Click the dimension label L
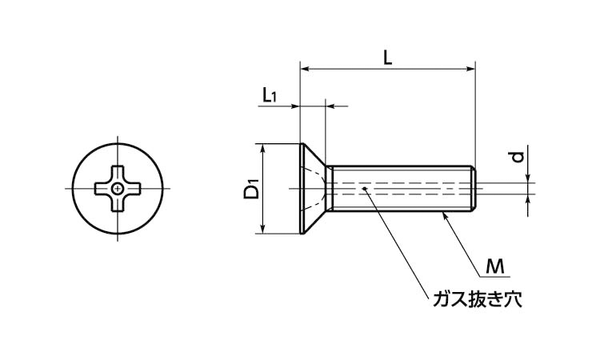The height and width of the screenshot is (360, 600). (x=387, y=57)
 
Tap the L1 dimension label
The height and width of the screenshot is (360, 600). (x=270, y=95)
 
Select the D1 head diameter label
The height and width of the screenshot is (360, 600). (x=251, y=190)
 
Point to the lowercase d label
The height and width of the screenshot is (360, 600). (x=518, y=157)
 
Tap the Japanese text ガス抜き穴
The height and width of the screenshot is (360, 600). (x=478, y=301)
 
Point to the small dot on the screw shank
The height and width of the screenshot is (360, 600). (x=365, y=190)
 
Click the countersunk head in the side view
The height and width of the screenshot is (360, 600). (x=312, y=190)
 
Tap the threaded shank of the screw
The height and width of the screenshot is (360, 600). (x=400, y=190)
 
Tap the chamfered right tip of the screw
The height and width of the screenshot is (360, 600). (x=474, y=190)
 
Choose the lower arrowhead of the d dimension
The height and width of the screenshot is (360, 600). (x=529, y=200)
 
